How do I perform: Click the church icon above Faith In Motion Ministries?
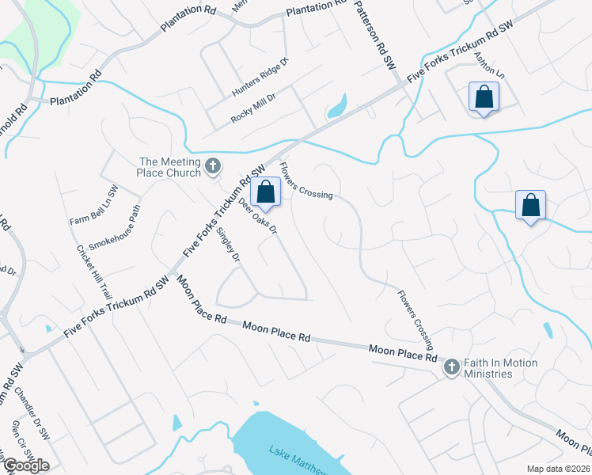(451, 366)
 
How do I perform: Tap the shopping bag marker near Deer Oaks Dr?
(267, 192)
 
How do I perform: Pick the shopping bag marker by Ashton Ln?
(484, 97)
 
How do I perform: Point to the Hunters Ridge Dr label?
(260, 78)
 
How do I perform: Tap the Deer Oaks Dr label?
(258, 216)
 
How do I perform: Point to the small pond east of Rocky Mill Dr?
(338, 105)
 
